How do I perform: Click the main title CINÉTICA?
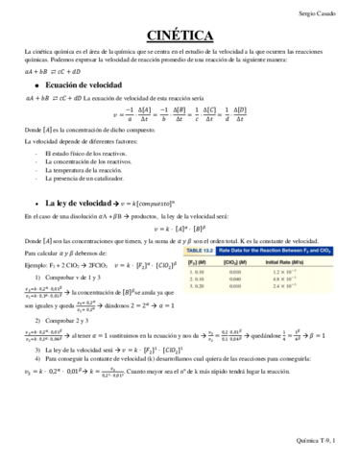point(180,36)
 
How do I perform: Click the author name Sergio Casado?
point(324,14)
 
